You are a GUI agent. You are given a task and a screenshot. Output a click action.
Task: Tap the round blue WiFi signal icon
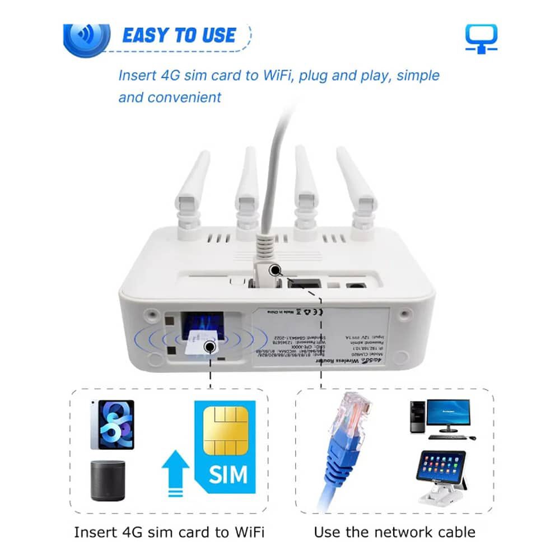point(86,35)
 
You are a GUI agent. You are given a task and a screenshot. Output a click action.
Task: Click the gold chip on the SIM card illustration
point(226,430)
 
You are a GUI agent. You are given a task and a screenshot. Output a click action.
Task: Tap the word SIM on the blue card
point(228,475)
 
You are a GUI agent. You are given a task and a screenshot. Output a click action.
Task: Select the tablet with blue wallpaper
point(112,424)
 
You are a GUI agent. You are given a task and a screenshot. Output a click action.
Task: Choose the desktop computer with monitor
point(439,418)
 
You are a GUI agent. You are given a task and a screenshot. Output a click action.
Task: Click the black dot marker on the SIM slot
point(211,347)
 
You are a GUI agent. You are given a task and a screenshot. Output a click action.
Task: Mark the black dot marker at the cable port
point(274,271)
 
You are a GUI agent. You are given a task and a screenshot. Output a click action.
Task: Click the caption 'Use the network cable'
point(394,531)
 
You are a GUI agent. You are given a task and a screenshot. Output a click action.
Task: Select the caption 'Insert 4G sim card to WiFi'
point(169,531)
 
